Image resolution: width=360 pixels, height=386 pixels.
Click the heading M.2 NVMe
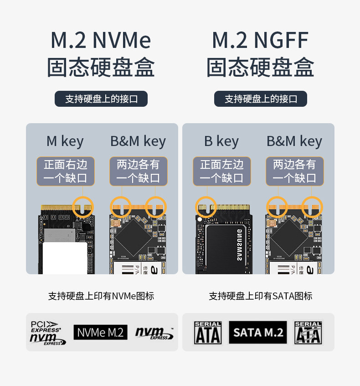point(101,41)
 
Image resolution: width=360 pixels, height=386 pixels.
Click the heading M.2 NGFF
point(260,41)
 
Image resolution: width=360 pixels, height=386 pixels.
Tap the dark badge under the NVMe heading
point(101,99)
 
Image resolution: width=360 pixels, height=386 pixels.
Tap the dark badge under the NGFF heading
point(261,99)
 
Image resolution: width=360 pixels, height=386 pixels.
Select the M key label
point(65,141)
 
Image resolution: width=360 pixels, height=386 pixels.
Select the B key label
point(221,141)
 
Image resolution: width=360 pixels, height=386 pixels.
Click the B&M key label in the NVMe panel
point(138,141)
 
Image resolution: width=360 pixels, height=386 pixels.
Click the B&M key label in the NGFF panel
point(294,141)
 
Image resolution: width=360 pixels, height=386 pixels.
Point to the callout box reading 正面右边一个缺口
point(66,171)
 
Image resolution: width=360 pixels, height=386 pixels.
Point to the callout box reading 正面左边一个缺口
point(222,171)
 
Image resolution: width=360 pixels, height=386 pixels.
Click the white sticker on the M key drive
point(66,257)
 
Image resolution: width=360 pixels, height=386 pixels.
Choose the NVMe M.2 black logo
point(101,332)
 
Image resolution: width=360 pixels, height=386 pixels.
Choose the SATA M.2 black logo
point(258,332)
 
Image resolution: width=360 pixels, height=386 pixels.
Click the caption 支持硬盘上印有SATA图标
point(261,296)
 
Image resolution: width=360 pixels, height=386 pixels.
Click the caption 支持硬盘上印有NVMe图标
point(101,296)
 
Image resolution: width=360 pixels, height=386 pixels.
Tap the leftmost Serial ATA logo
point(208,333)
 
